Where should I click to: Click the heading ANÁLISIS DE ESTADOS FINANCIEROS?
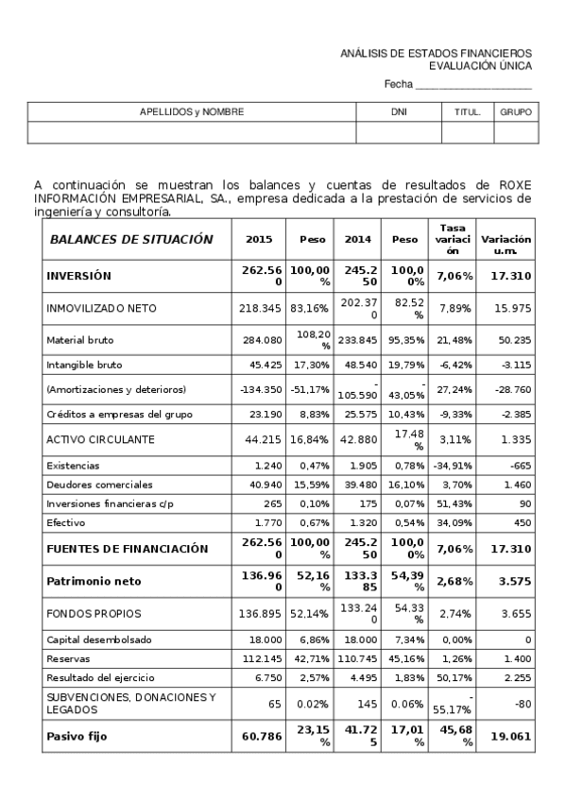(436, 54)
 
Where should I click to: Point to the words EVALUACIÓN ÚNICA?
(480, 66)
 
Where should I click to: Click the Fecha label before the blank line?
(398, 85)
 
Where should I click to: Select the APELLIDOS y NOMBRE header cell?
(192, 111)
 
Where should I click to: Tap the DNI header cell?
(399, 111)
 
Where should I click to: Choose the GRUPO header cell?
(516, 111)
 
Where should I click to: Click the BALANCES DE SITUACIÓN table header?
(131, 240)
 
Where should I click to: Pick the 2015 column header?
(259, 240)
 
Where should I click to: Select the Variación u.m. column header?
(506, 240)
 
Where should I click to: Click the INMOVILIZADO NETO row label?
(101, 309)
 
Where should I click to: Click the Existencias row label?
(74, 466)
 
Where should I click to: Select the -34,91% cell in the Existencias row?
(451, 466)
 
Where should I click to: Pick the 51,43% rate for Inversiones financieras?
(452, 504)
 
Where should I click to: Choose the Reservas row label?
(68, 658)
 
